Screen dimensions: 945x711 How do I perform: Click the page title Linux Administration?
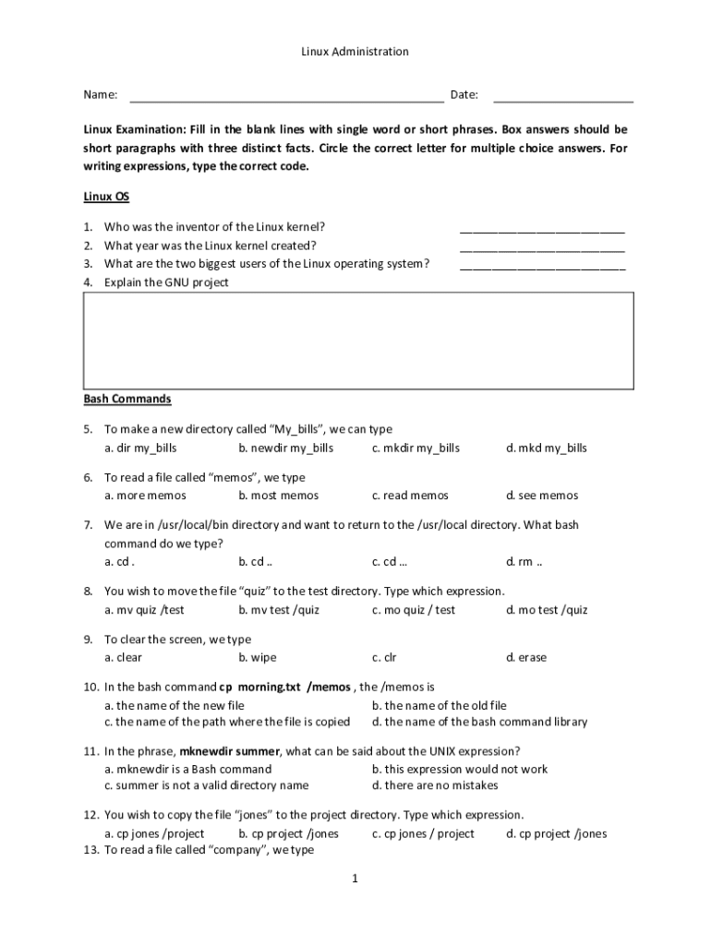tap(355, 52)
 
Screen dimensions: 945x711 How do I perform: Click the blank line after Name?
tap(286, 96)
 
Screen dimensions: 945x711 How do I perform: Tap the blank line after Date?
tap(563, 96)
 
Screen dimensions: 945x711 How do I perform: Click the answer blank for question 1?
tap(542, 229)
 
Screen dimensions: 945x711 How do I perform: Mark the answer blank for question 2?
tap(542, 247)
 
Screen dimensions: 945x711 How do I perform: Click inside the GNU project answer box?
tap(358, 341)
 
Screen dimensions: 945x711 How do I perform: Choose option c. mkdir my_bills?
tap(416, 448)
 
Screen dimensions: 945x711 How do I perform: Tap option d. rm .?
tap(524, 561)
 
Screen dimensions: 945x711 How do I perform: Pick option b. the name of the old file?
tap(439, 705)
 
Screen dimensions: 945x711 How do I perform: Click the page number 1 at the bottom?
tap(354, 879)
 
